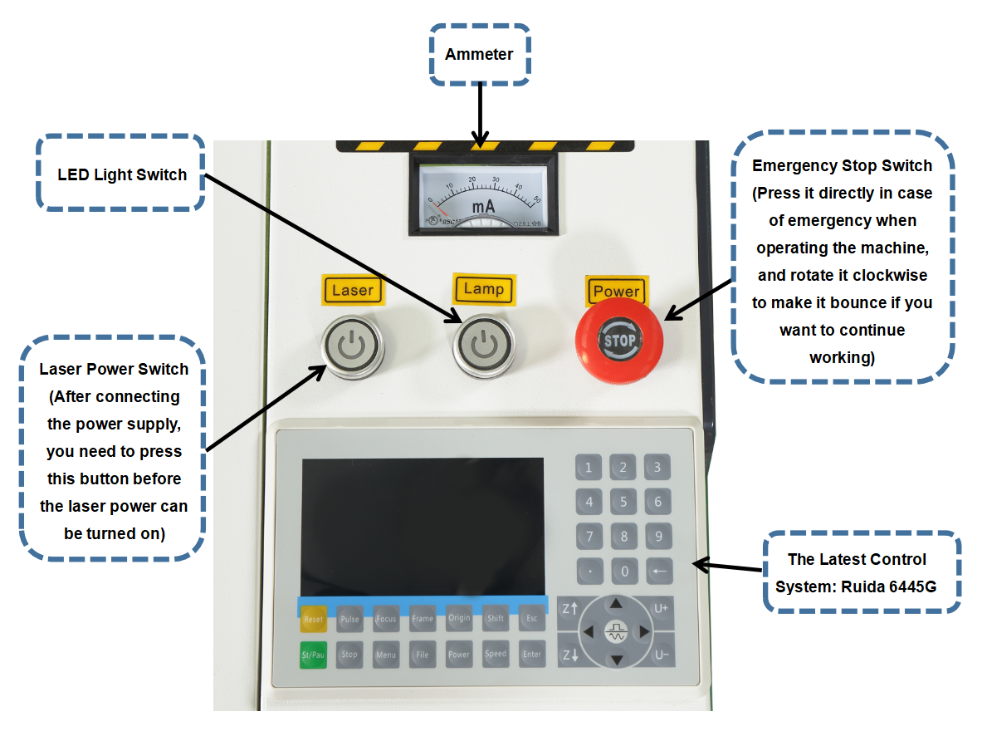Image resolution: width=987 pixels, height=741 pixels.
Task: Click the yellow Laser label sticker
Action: tap(353, 290)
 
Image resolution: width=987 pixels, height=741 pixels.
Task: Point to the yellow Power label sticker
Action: tap(616, 291)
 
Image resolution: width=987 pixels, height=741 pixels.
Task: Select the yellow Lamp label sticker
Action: tap(484, 288)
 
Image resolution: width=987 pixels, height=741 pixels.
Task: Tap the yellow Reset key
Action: tap(313, 619)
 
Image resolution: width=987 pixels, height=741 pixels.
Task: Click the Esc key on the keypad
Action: tap(532, 619)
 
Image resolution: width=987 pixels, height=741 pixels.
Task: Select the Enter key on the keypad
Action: tap(532, 655)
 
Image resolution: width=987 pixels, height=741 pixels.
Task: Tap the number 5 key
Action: tap(623, 502)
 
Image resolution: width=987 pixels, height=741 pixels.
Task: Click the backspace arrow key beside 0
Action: tap(658, 572)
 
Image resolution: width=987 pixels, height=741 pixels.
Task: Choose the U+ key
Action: tap(661, 608)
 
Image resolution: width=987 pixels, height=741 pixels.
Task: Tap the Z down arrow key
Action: tap(569, 655)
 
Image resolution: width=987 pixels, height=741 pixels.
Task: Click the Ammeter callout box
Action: tap(479, 55)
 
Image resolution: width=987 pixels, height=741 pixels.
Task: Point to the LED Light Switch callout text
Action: tap(122, 175)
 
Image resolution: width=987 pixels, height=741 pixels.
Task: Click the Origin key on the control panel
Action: tap(459, 619)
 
